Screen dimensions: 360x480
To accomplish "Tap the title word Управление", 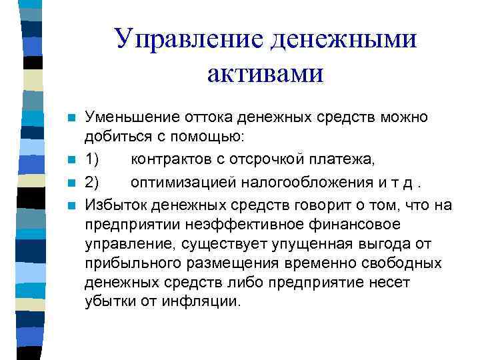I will tap(189, 39).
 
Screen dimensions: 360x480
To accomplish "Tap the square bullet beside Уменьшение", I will tap(71, 117).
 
